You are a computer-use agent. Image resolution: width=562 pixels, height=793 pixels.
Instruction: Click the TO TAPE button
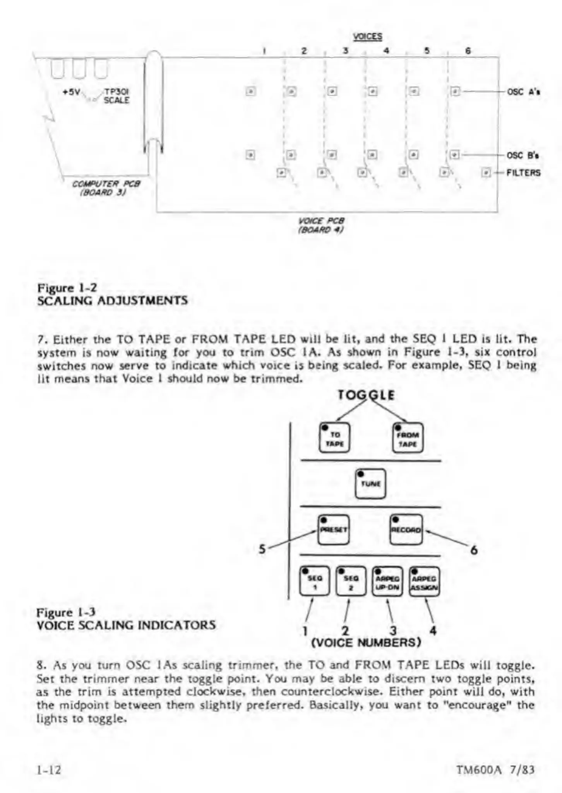click(334, 438)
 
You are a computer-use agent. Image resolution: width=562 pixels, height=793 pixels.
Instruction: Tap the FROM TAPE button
click(408, 438)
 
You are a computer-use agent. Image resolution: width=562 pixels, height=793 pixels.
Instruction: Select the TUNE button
click(370, 484)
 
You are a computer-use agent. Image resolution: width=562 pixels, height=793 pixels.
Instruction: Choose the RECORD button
click(406, 530)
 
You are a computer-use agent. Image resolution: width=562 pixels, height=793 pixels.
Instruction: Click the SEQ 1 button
click(314, 581)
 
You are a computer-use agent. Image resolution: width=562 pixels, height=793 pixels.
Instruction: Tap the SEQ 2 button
click(351, 581)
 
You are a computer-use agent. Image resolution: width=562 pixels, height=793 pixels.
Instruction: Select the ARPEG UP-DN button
click(387, 581)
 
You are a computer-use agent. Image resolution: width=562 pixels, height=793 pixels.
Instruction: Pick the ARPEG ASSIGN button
click(424, 581)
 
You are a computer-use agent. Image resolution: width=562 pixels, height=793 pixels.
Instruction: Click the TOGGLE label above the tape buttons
click(366, 395)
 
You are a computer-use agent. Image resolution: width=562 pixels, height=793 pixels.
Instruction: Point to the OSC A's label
click(523, 92)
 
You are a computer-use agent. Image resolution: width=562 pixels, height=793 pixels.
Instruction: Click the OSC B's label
click(523, 156)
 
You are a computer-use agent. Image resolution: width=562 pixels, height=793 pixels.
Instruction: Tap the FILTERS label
click(523, 173)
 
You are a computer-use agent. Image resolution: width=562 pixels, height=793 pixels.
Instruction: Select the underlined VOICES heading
click(367, 37)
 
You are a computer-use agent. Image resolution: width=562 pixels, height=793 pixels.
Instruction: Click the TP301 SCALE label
click(116, 96)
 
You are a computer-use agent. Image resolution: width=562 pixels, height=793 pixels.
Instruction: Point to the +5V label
click(71, 92)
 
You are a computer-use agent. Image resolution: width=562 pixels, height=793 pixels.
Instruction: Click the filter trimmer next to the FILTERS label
click(486, 173)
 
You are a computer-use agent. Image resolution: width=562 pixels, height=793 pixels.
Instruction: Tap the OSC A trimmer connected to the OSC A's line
click(456, 92)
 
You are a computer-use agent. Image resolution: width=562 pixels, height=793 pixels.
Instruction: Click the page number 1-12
click(49, 769)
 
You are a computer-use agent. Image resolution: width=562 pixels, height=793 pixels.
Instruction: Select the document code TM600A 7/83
click(495, 769)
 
